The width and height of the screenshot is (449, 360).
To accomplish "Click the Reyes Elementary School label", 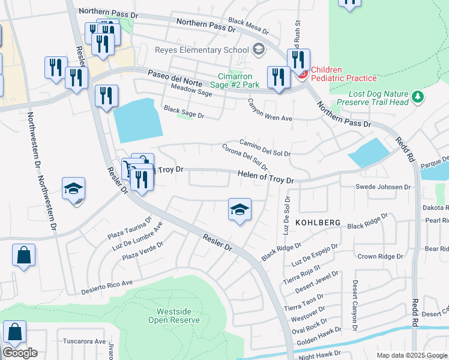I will coord(202,50).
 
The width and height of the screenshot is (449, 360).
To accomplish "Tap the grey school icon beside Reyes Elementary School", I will coord(259,49).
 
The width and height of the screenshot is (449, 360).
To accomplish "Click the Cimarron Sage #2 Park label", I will coord(239,80).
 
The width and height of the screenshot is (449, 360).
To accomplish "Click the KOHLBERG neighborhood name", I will coord(318,223).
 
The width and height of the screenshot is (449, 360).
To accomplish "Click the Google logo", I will coord(20,353).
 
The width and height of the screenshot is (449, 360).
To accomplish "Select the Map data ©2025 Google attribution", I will coord(411,355).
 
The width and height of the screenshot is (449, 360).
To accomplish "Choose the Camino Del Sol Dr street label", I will coord(265,148).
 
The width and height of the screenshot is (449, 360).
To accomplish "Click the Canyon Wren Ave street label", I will coord(270,111).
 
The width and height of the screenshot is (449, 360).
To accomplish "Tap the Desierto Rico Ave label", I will coord(106,287).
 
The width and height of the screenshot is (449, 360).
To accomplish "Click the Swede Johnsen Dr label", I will coord(384,187).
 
